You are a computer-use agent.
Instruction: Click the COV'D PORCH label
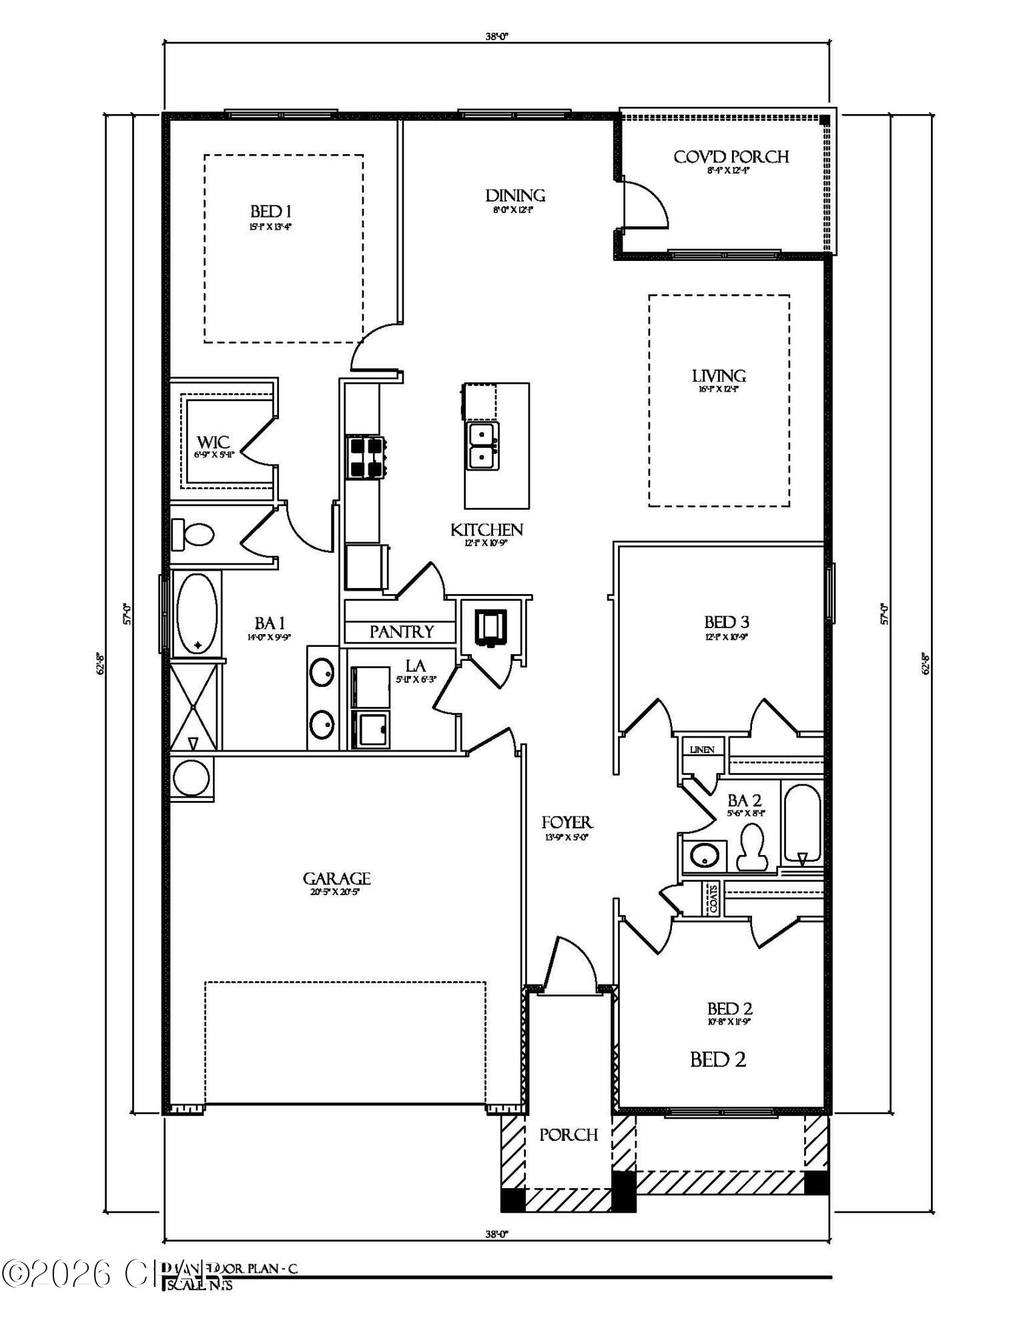pyautogui.click(x=731, y=157)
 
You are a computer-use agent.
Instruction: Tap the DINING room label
pyautogui.click(x=514, y=196)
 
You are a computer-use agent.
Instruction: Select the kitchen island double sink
pyautogui.click(x=482, y=446)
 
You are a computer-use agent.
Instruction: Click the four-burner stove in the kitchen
pyautogui.click(x=366, y=457)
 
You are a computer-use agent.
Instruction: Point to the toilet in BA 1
pyautogui.click(x=193, y=534)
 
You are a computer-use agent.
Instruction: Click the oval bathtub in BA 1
pyautogui.click(x=197, y=613)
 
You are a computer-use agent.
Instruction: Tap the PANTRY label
pyautogui.click(x=401, y=631)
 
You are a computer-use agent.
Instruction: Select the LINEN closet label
pyautogui.click(x=702, y=750)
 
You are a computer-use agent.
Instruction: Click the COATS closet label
pyautogui.click(x=713, y=898)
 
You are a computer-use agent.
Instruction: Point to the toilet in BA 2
pyautogui.click(x=752, y=847)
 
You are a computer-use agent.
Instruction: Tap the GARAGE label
pyautogui.click(x=336, y=878)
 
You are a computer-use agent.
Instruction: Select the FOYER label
pyautogui.click(x=567, y=823)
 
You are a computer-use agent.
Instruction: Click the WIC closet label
pyautogui.click(x=213, y=442)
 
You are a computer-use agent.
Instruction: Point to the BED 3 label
pyautogui.click(x=726, y=622)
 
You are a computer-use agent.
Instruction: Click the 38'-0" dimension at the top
pyautogui.click(x=496, y=37)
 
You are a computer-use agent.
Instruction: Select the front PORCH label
pyautogui.click(x=568, y=1135)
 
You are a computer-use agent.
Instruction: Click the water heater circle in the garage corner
pyautogui.click(x=192, y=778)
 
